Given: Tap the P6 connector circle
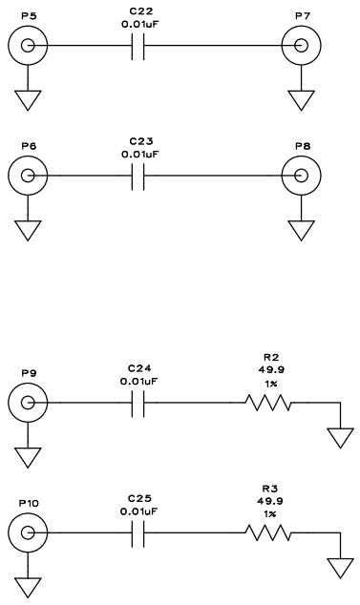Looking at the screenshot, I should [x=27, y=176].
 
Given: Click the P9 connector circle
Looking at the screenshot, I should [x=27, y=404].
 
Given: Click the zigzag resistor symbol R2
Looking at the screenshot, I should [x=270, y=404].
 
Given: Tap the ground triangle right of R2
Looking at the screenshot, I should [x=341, y=438].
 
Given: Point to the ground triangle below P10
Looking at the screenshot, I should [x=27, y=588].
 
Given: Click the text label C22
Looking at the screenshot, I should [x=139, y=9].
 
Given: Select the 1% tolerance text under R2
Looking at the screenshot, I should [x=270, y=384].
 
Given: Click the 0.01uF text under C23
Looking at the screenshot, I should [x=139, y=153].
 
